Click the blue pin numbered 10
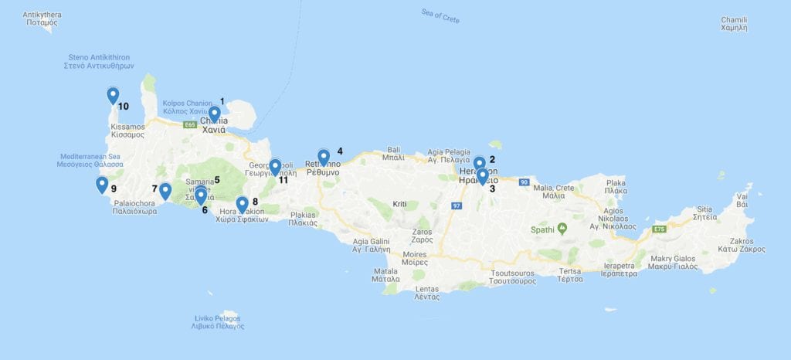click(113, 96)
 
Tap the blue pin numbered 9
click(102, 185)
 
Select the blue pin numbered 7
click(165, 190)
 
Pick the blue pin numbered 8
click(243, 204)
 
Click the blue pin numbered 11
click(275, 167)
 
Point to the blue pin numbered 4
click(324, 157)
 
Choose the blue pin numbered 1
click(215, 114)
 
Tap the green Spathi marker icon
click(562, 229)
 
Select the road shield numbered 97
click(457, 205)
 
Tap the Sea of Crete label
click(440, 15)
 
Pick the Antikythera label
click(42, 19)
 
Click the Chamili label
click(734, 23)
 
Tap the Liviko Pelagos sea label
click(218, 322)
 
